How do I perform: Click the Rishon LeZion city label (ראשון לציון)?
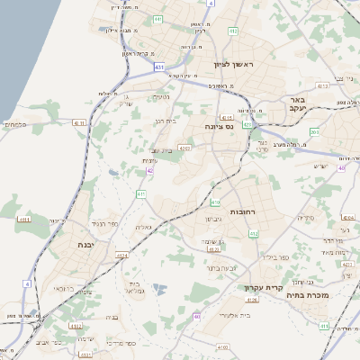tap(235, 66)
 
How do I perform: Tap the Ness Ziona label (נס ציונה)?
tap(219, 126)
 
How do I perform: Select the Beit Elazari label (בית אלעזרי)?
tap(234, 315)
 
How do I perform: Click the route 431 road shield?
tap(159, 67)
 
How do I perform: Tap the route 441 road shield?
tap(158, 19)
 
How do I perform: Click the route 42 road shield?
tap(150, 169)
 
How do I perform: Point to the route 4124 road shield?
tap(121, 255)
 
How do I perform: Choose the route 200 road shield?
tap(314, 132)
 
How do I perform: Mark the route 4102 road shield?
tap(222, 346)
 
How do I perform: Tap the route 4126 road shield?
tap(251, 300)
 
